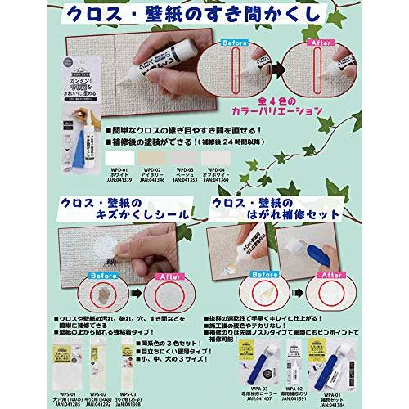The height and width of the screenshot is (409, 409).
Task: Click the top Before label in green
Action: [x=253, y=43]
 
